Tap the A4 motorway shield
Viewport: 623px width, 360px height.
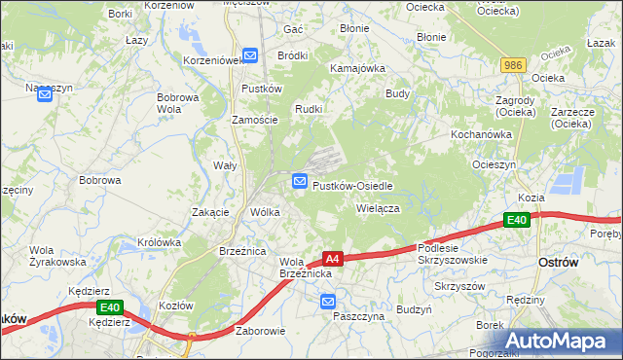tap(332, 259)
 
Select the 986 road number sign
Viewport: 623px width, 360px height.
tap(514, 65)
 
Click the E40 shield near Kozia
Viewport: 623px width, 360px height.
tap(518, 221)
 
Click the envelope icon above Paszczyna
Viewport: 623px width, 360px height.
tap(329, 303)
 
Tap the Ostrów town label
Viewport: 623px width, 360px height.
tap(559, 264)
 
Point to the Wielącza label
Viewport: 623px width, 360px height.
tap(379, 207)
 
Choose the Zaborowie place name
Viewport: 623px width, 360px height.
tap(260, 331)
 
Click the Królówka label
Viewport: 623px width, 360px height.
tap(160, 242)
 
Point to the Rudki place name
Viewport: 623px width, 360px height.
tap(309, 108)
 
